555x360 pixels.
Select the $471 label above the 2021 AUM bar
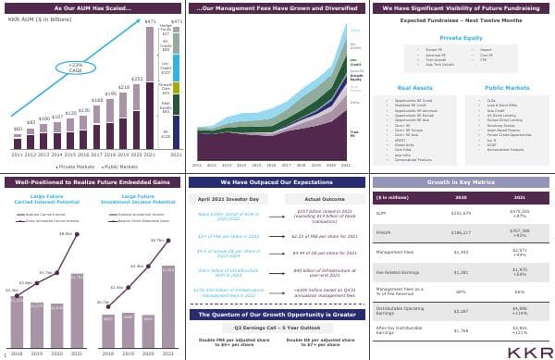coord(151,20)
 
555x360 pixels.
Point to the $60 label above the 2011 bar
coord(18,130)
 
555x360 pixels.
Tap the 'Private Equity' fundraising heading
coord(460,39)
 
